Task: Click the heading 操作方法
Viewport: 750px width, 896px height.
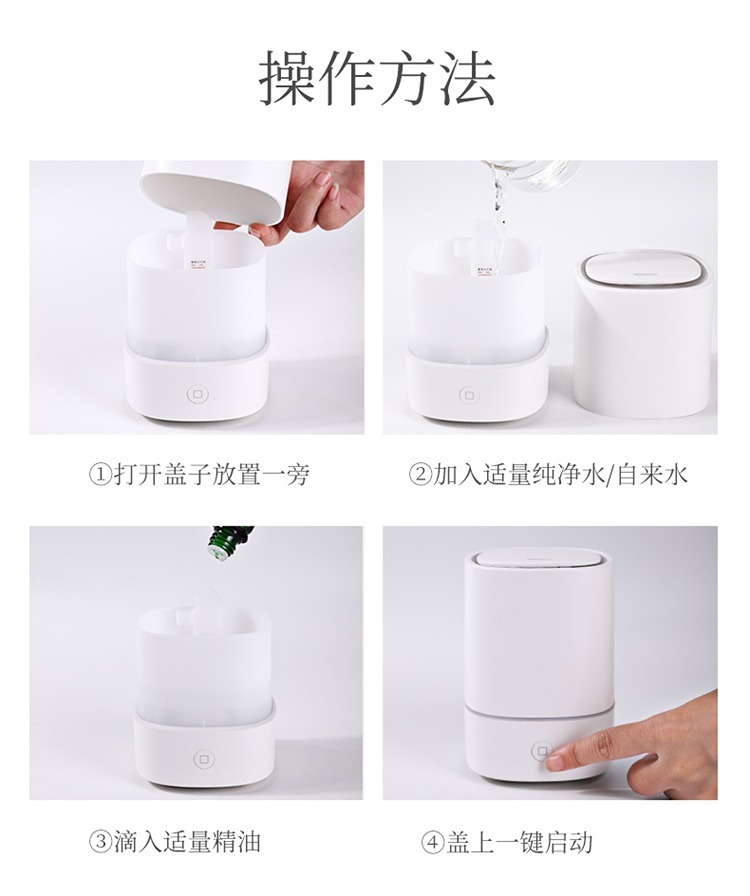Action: pyautogui.click(x=377, y=78)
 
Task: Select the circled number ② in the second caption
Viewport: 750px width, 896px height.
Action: pyautogui.click(x=420, y=475)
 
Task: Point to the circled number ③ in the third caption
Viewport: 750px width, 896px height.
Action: pyautogui.click(x=99, y=841)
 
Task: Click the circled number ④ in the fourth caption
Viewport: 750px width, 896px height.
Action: pyautogui.click(x=432, y=842)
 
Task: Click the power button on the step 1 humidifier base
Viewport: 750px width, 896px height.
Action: pyautogui.click(x=198, y=394)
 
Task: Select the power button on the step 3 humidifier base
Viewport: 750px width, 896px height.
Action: pyautogui.click(x=202, y=759)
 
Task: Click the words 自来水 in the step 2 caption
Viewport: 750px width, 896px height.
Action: pyautogui.click(x=653, y=475)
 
